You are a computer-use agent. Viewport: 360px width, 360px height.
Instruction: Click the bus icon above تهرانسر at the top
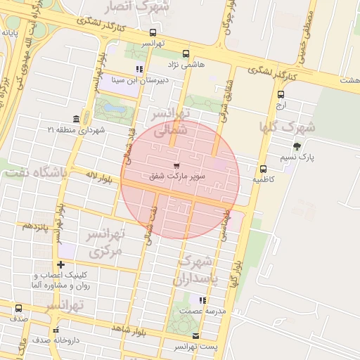(153, 32)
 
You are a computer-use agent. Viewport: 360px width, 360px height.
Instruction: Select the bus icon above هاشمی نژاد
(186, 53)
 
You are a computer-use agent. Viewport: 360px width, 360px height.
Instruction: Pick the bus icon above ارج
(281, 94)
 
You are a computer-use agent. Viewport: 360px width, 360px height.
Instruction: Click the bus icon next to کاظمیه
(264, 169)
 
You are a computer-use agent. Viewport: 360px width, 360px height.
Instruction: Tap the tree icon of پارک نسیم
(297, 146)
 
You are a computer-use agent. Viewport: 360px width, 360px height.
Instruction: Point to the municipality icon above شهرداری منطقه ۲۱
(77, 118)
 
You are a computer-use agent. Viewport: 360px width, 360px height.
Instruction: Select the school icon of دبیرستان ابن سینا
(139, 69)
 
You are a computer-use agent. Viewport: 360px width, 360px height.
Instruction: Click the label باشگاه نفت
(34, 172)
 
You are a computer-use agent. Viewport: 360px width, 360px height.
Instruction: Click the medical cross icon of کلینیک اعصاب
(61, 265)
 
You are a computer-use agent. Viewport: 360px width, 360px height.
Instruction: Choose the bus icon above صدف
(18, 308)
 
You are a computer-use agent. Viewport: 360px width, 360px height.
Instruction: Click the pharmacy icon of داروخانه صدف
(56, 329)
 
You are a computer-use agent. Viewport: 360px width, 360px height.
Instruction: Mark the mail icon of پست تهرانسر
(195, 335)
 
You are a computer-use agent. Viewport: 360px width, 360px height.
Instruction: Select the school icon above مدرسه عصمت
(202, 300)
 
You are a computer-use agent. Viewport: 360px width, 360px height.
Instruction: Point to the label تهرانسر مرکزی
(105, 241)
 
